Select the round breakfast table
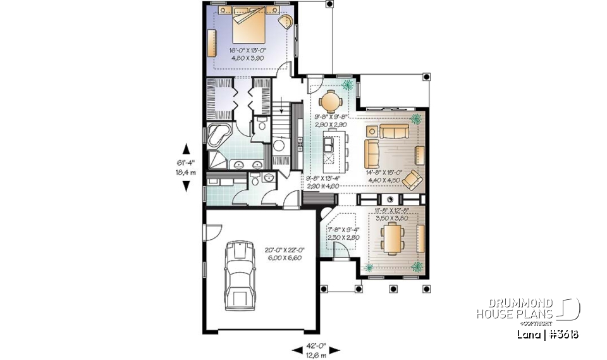(329, 101)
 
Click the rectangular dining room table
(393, 239)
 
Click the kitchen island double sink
(329, 146)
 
